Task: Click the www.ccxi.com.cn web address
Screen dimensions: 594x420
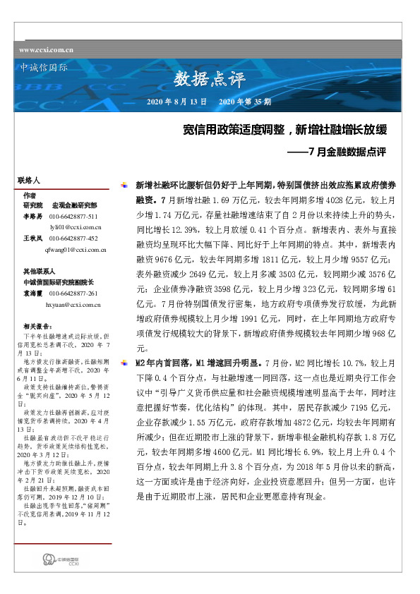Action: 47,50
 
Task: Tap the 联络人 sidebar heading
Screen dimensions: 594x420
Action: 29,181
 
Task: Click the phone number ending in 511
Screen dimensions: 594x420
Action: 73,215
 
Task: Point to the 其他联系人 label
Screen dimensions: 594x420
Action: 39,270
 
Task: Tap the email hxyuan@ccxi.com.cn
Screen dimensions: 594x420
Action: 76,305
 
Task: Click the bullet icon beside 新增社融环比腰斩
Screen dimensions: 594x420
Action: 126,184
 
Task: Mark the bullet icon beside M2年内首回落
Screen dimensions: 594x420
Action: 126,362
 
